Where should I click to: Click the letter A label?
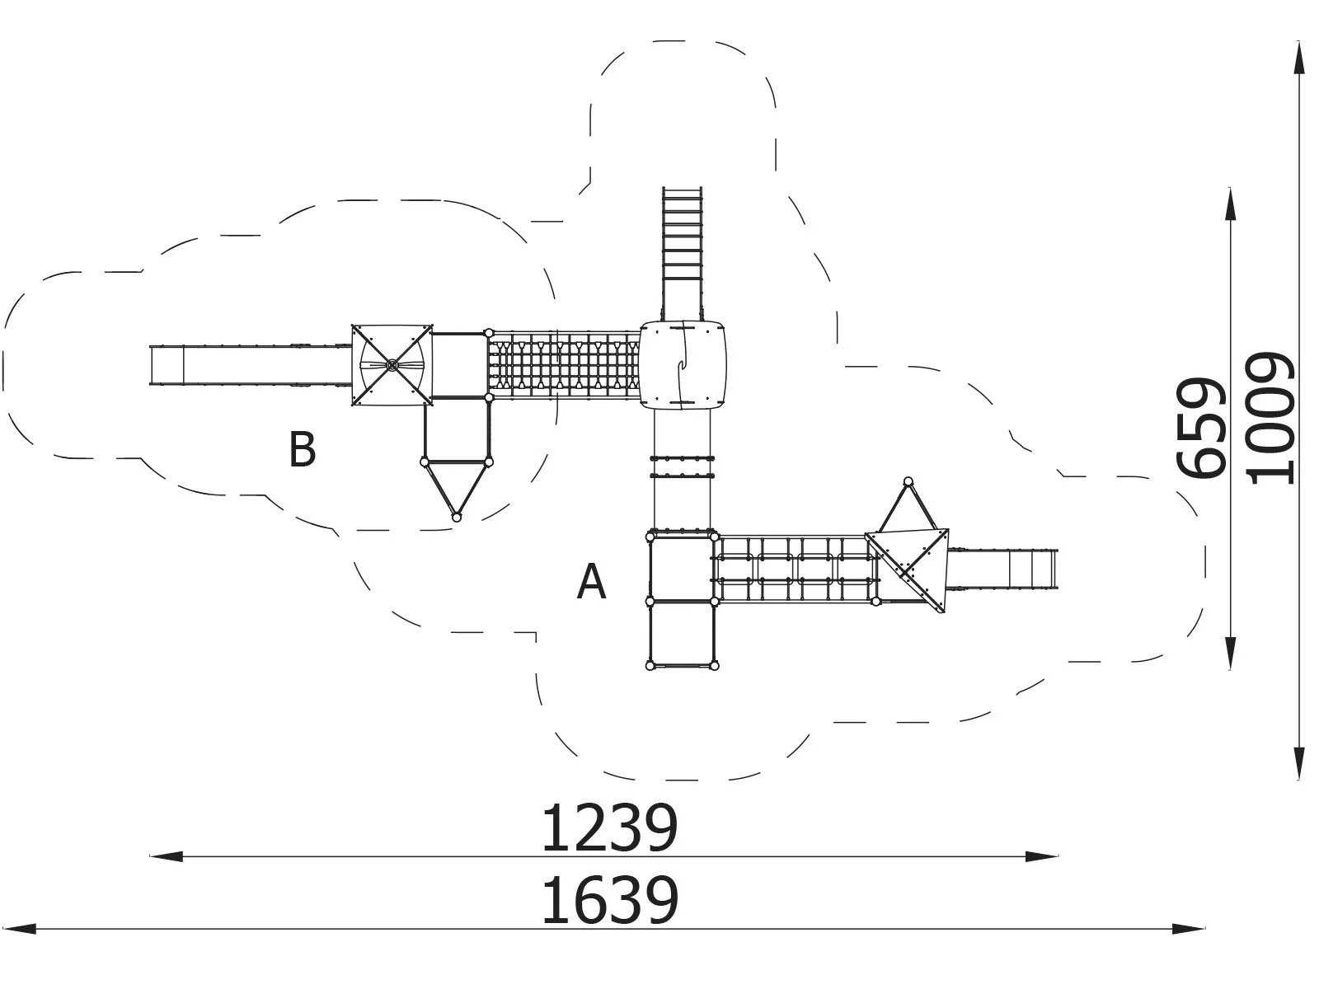591,582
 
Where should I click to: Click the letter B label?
302,450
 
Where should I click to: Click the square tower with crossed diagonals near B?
392,365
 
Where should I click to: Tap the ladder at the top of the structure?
682,234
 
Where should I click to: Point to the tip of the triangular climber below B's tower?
457,517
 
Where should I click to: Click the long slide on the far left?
247,365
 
